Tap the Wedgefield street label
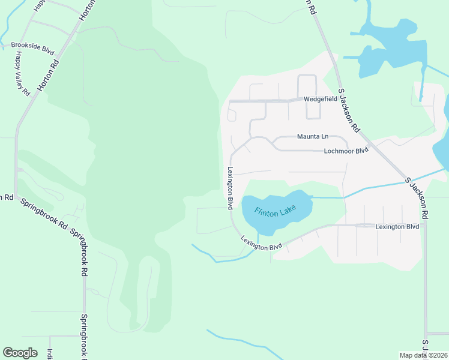(x=319, y=98)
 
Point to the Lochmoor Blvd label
(x=346, y=151)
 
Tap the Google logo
(x=20, y=353)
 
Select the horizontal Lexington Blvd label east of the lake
(x=397, y=227)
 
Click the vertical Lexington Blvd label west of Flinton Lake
(x=229, y=188)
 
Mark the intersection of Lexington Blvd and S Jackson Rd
(x=424, y=226)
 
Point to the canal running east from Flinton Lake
(x=360, y=191)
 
